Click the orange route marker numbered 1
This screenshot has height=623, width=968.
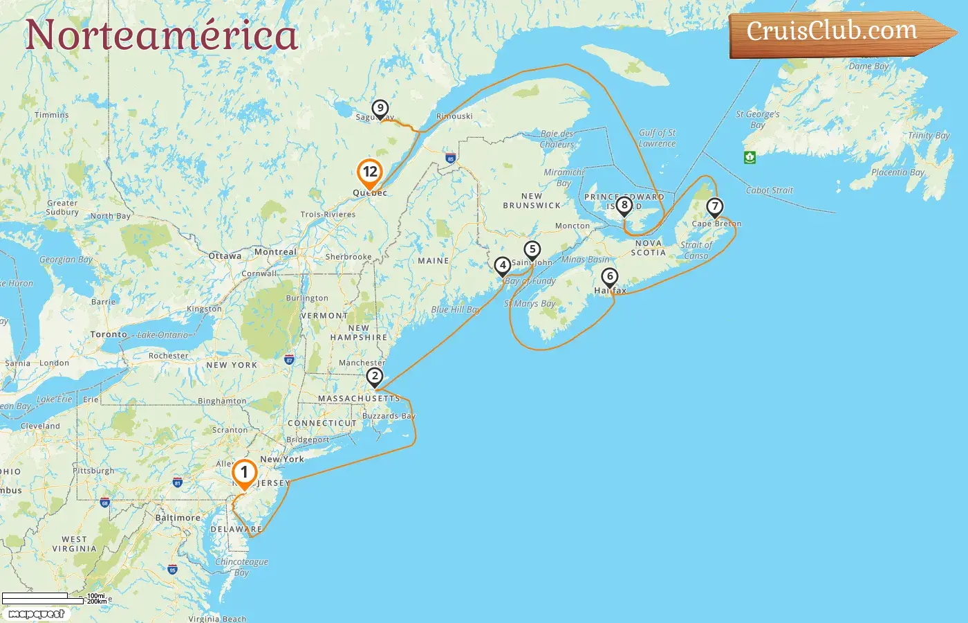[244, 473]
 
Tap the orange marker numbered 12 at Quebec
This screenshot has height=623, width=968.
[370, 172]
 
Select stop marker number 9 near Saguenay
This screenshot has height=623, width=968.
[380, 109]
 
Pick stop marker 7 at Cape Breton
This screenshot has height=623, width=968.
[714, 207]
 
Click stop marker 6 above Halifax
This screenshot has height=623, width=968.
[609, 277]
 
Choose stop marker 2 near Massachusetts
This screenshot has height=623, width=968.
[374, 377]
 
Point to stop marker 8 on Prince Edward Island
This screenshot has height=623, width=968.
[624, 205]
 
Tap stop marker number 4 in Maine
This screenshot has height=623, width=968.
[503, 266]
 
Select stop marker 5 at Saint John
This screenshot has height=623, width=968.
[532, 250]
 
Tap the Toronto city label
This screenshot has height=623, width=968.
[109, 334]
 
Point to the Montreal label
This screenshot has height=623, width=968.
[275, 252]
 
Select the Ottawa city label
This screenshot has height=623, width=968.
[225, 256]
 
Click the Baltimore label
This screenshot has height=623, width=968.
[178, 518]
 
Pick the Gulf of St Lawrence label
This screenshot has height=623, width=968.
[657, 138]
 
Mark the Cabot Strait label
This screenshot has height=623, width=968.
[770, 190]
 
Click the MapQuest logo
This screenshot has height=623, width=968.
[37, 614]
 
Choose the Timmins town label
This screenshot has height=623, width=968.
[52, 115]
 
